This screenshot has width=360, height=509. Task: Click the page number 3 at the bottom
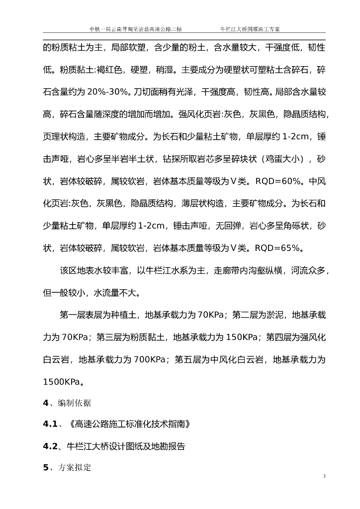click(324, 477)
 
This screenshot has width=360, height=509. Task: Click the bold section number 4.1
click(51, 424)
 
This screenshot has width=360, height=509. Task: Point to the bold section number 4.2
click(51, 446)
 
